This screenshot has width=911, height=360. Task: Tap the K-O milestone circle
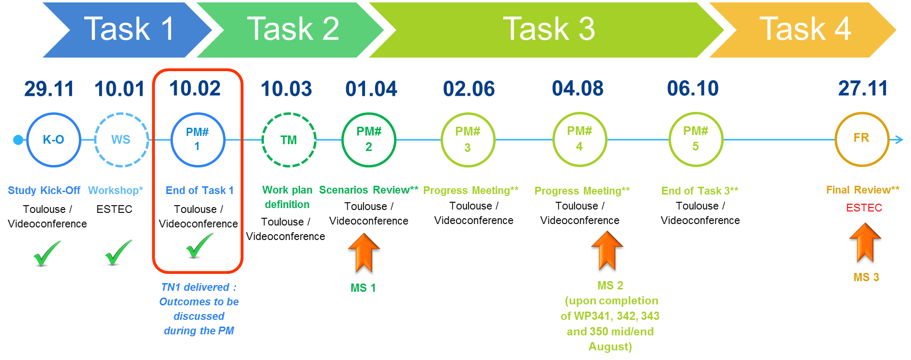53,140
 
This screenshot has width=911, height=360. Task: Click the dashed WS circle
121,140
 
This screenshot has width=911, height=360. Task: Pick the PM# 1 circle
197,139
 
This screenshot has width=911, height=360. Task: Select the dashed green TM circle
288,140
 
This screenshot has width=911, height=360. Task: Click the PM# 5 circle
696,139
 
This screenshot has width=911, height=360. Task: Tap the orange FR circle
862,138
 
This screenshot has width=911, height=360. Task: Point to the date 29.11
49,89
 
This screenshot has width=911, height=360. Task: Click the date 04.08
577,89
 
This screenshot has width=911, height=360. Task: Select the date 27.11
863,89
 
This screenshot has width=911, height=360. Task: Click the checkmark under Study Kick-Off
45,256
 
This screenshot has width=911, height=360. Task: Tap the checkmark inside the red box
197,248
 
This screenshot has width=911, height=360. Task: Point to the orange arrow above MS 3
865,242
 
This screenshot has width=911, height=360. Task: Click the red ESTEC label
864,208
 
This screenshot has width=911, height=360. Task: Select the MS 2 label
610,285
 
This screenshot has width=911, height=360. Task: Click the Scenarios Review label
368,190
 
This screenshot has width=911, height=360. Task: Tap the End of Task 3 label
699,191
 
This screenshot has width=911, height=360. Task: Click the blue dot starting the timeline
18,140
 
